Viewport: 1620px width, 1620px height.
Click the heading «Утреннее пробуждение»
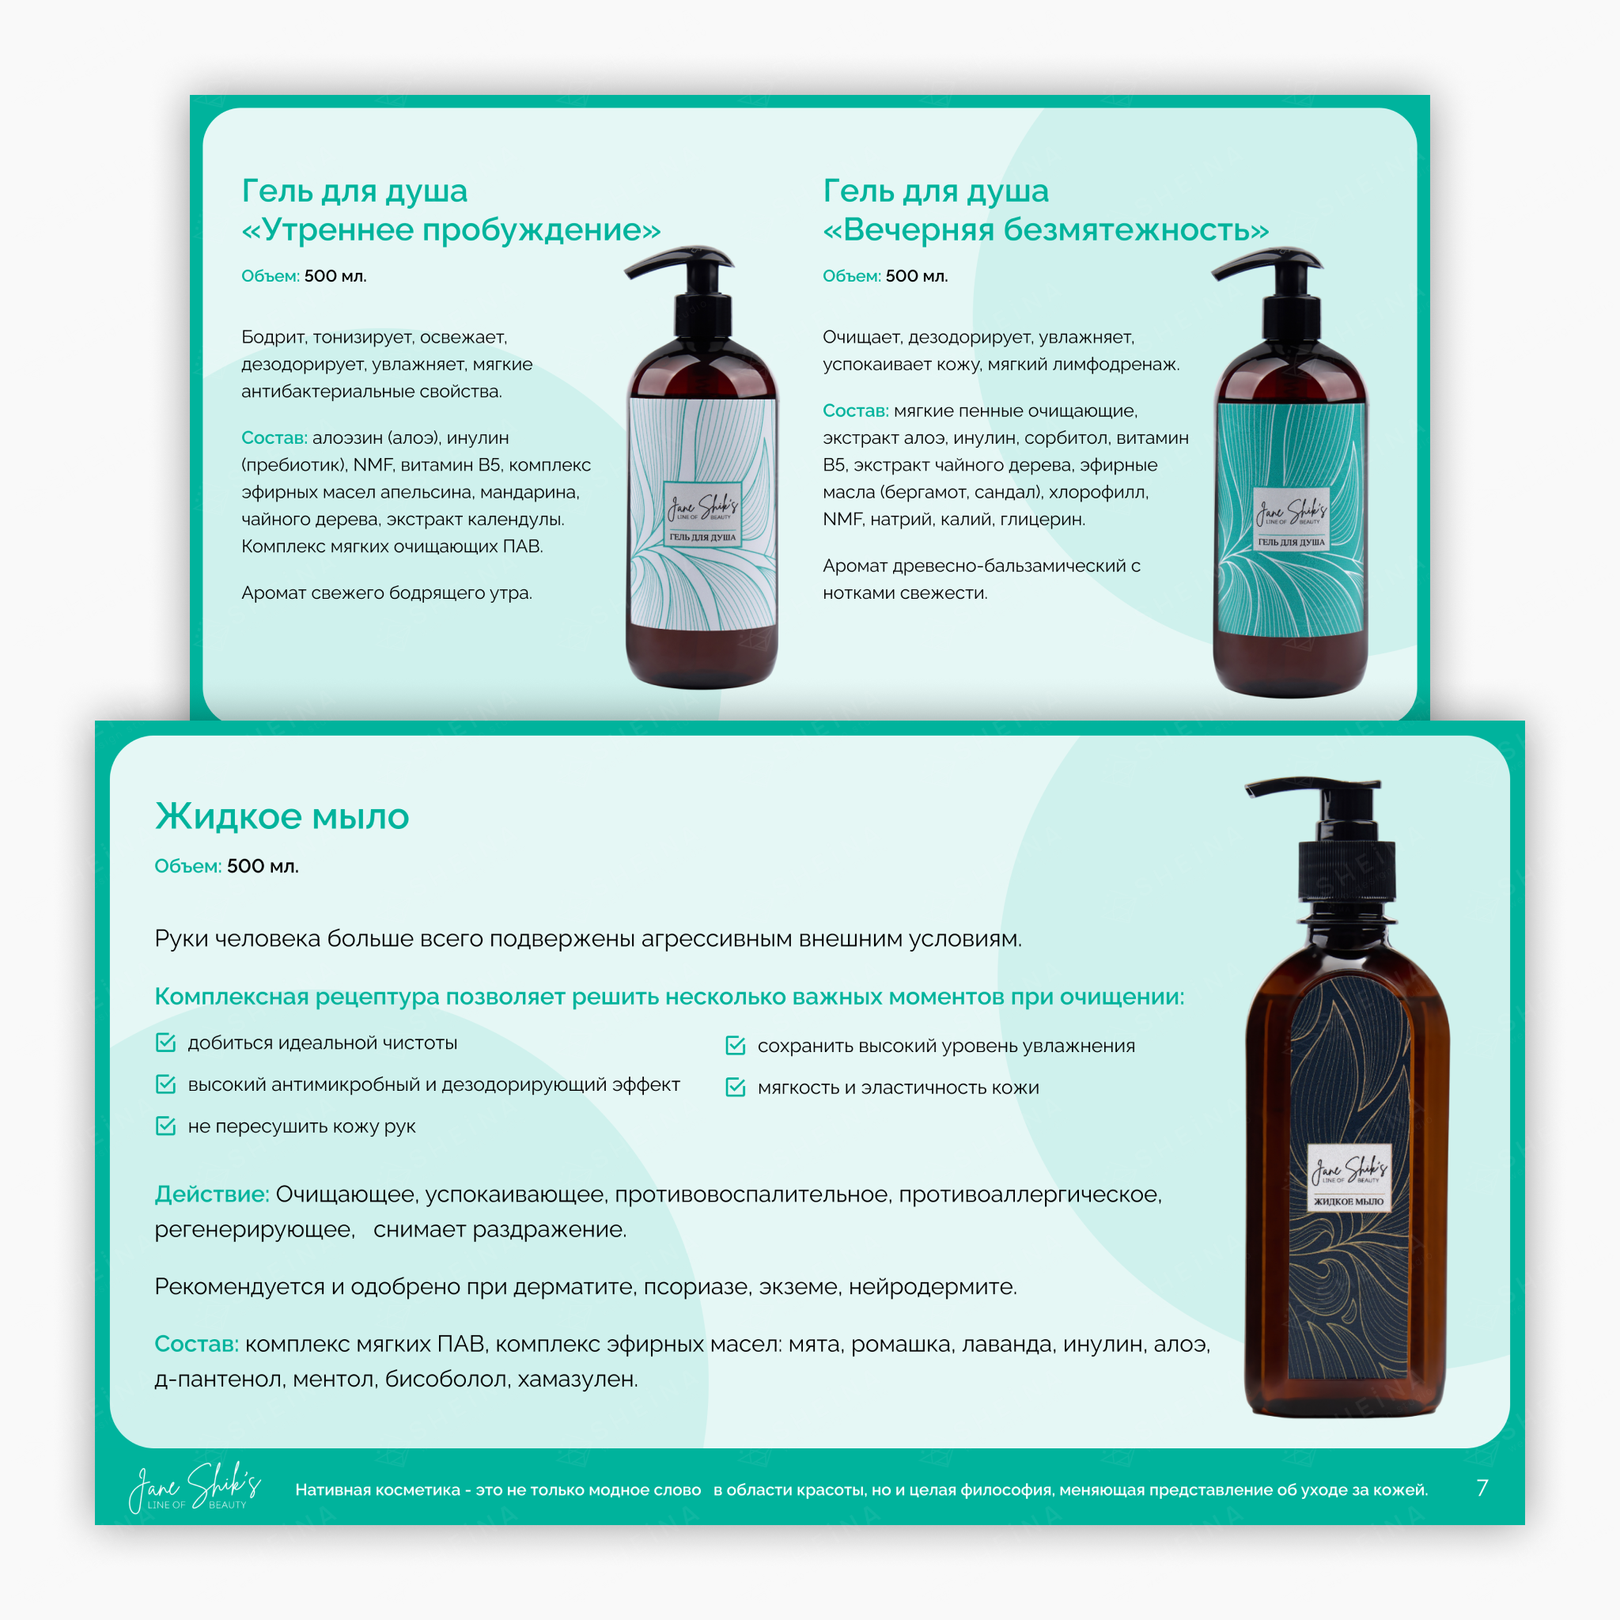pos(450,229)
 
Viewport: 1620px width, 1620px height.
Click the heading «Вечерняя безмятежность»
pos(1046,229)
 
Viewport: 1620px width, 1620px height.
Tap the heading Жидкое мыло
pos(282,816)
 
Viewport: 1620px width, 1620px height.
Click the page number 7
pos(1482,1489)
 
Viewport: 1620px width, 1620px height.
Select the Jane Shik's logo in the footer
pos(195,1488)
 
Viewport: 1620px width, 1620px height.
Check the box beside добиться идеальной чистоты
pos(166,1043)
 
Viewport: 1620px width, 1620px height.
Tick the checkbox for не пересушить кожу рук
pos(166,1126)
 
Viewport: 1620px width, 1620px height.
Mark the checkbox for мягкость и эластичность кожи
pos(736,1087)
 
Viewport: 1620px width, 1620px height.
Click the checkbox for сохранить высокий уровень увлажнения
pos(736,1045)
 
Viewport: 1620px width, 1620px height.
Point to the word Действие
pos(211,1194)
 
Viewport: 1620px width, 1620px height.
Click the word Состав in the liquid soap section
pos(196,1344)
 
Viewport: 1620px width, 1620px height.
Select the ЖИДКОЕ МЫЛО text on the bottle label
pos(1349,1202)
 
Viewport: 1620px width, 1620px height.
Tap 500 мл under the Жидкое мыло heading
pos(263,866)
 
